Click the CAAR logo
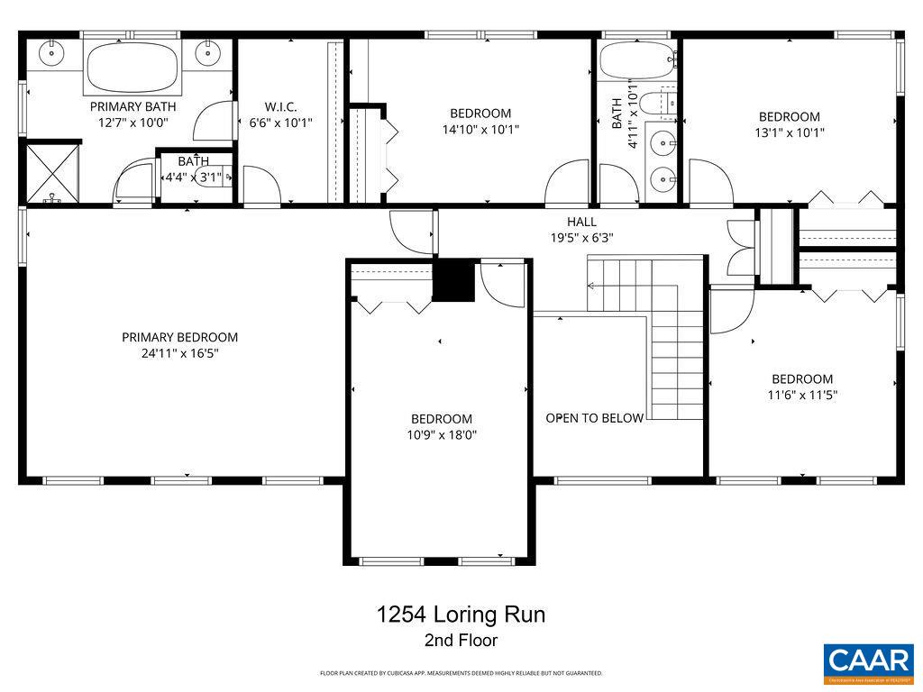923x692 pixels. [869, 662]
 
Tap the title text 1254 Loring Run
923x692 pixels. [461, 615]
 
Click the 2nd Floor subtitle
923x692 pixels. [461, 642]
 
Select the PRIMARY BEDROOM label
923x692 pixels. [180, 337]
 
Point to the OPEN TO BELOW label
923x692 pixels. [595, 418]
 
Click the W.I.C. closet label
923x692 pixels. [280, 105]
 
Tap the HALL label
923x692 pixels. [581, 222]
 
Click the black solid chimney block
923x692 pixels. [454, 281]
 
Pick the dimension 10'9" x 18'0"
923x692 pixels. [442, 434]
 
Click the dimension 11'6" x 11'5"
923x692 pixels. [801, 395]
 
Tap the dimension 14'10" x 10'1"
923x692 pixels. [480, 129]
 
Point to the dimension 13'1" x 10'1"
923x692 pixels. [789, 132]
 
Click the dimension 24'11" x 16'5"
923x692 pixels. [180, 353]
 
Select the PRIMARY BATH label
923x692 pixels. [133, 105]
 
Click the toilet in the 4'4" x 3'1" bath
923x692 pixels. [214, 177]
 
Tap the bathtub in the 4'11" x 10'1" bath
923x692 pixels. [637, 59]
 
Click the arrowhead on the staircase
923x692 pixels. [590, 287]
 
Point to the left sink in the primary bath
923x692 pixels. [52, 52]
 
